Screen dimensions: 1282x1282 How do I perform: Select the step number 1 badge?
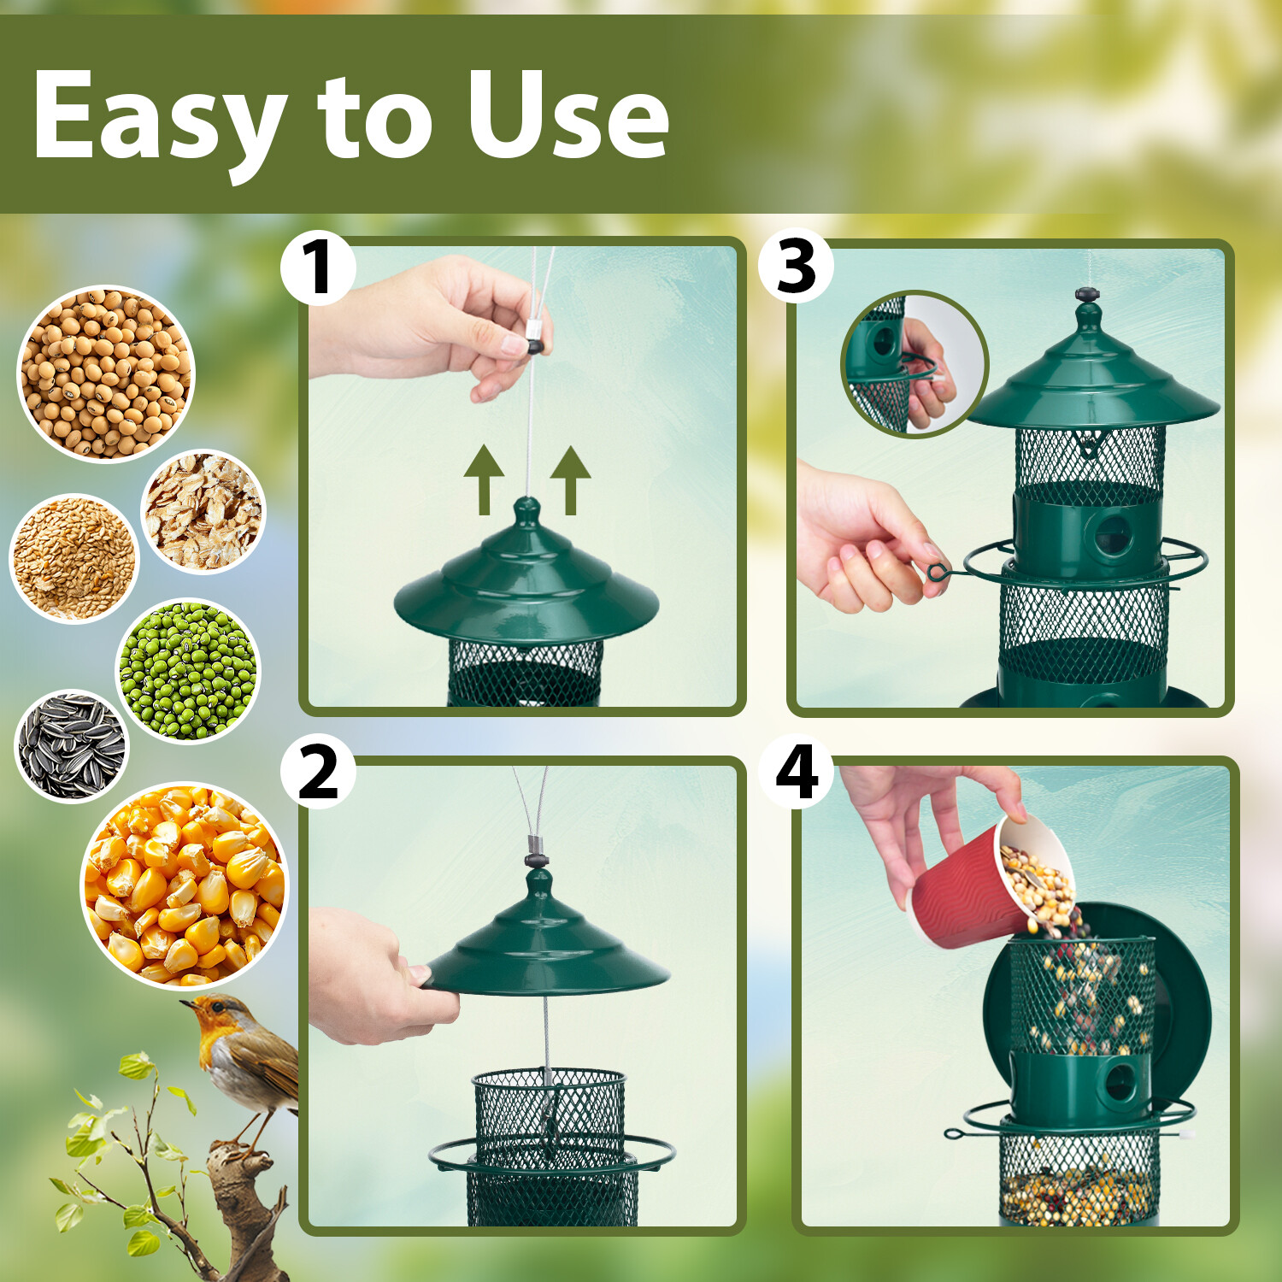pyautogui.click(x=318, y=268)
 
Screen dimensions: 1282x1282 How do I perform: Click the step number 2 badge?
pyautogui.click(x=318, y=771)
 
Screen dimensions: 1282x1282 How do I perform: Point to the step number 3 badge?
pyautogui.click(x=796, y=266)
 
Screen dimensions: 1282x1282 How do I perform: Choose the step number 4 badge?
pyautogui.click(x=796, y=771)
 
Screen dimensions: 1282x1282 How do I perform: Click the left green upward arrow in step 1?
pyautogui.click(x=484, y=479)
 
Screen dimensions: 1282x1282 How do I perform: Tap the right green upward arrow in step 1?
pyautogui.click(x=571, y=479)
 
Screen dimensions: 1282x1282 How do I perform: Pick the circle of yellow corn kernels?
pyautogui.click(x=184, y=885)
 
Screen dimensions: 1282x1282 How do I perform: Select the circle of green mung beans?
pyautogui.click(x=187, y=670)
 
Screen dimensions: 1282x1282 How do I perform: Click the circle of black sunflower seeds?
pyautogui.click(x=72, y=746)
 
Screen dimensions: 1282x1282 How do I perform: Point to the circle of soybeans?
pyautogui.click(x=106, y=373)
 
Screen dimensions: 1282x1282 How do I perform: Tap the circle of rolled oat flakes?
pyautogui.click(x=203, y=511)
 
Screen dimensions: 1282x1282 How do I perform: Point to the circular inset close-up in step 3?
pyautogui.click(x=915, y=364)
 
